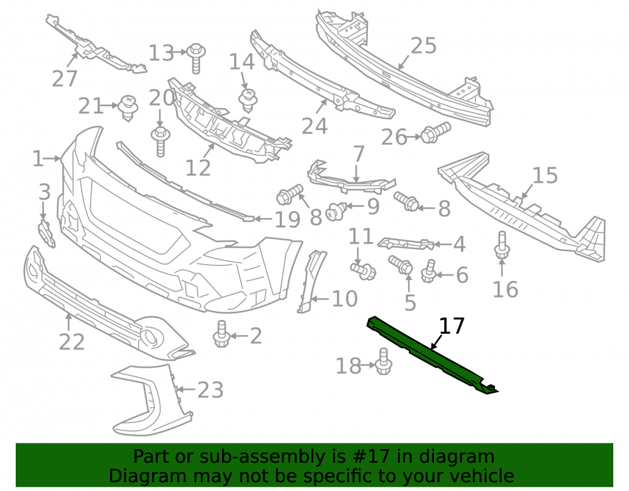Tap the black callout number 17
coord(452,326)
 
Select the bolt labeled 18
coord(384,361)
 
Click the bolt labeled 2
coord(221,334)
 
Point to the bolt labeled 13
coord(196,58)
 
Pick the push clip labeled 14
coord(248,100)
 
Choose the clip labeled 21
coord(128,108)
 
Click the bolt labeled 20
coord(160,142)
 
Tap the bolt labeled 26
coord(436,133)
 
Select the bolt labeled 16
coord(502,245)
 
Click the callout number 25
coord(423,46)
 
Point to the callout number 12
coord(198,168)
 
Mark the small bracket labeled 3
coord(47,233)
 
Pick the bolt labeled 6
coord(428,272)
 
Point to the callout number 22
coord(72,342)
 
